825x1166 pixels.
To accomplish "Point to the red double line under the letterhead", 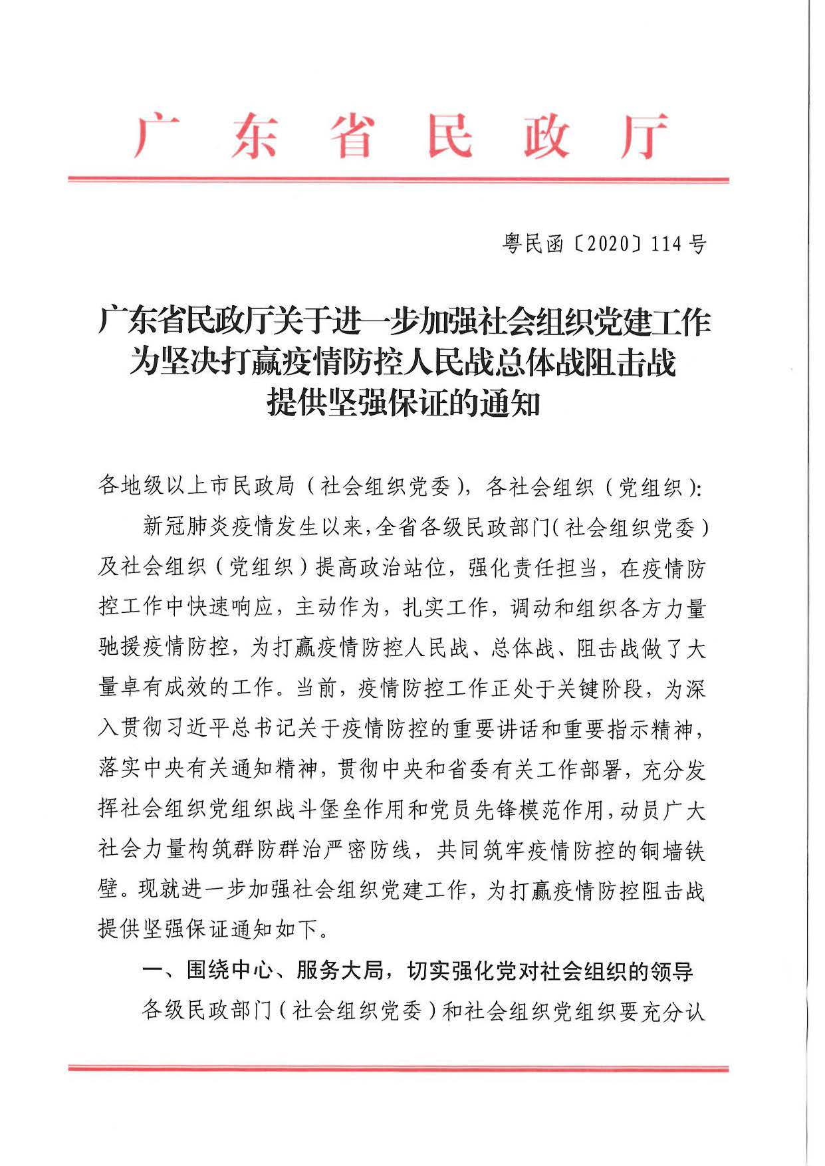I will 398,179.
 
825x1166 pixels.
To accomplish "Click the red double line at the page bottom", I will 398,1068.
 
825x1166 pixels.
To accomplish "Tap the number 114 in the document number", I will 667,245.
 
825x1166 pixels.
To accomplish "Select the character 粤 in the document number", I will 512,245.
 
